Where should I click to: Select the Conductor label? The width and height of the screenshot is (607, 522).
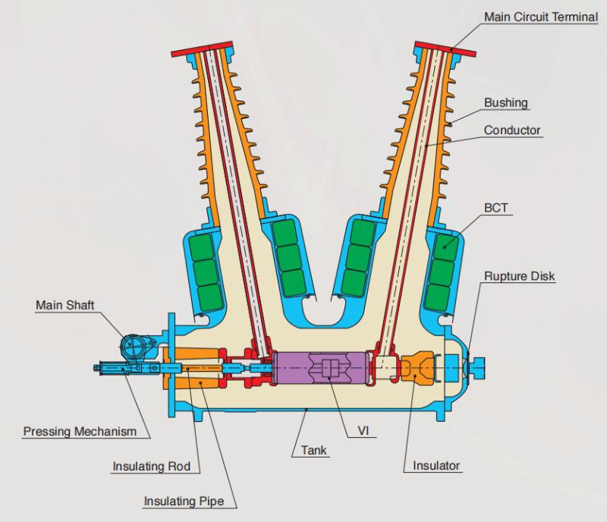click(512, 130)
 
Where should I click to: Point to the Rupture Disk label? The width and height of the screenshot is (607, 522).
click(520, 276)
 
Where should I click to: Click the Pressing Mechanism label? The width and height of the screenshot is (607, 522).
click(79, 432)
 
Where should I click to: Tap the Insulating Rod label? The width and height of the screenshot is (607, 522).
click(152, 465)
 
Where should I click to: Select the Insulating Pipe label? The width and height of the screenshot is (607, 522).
click(189, 502)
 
